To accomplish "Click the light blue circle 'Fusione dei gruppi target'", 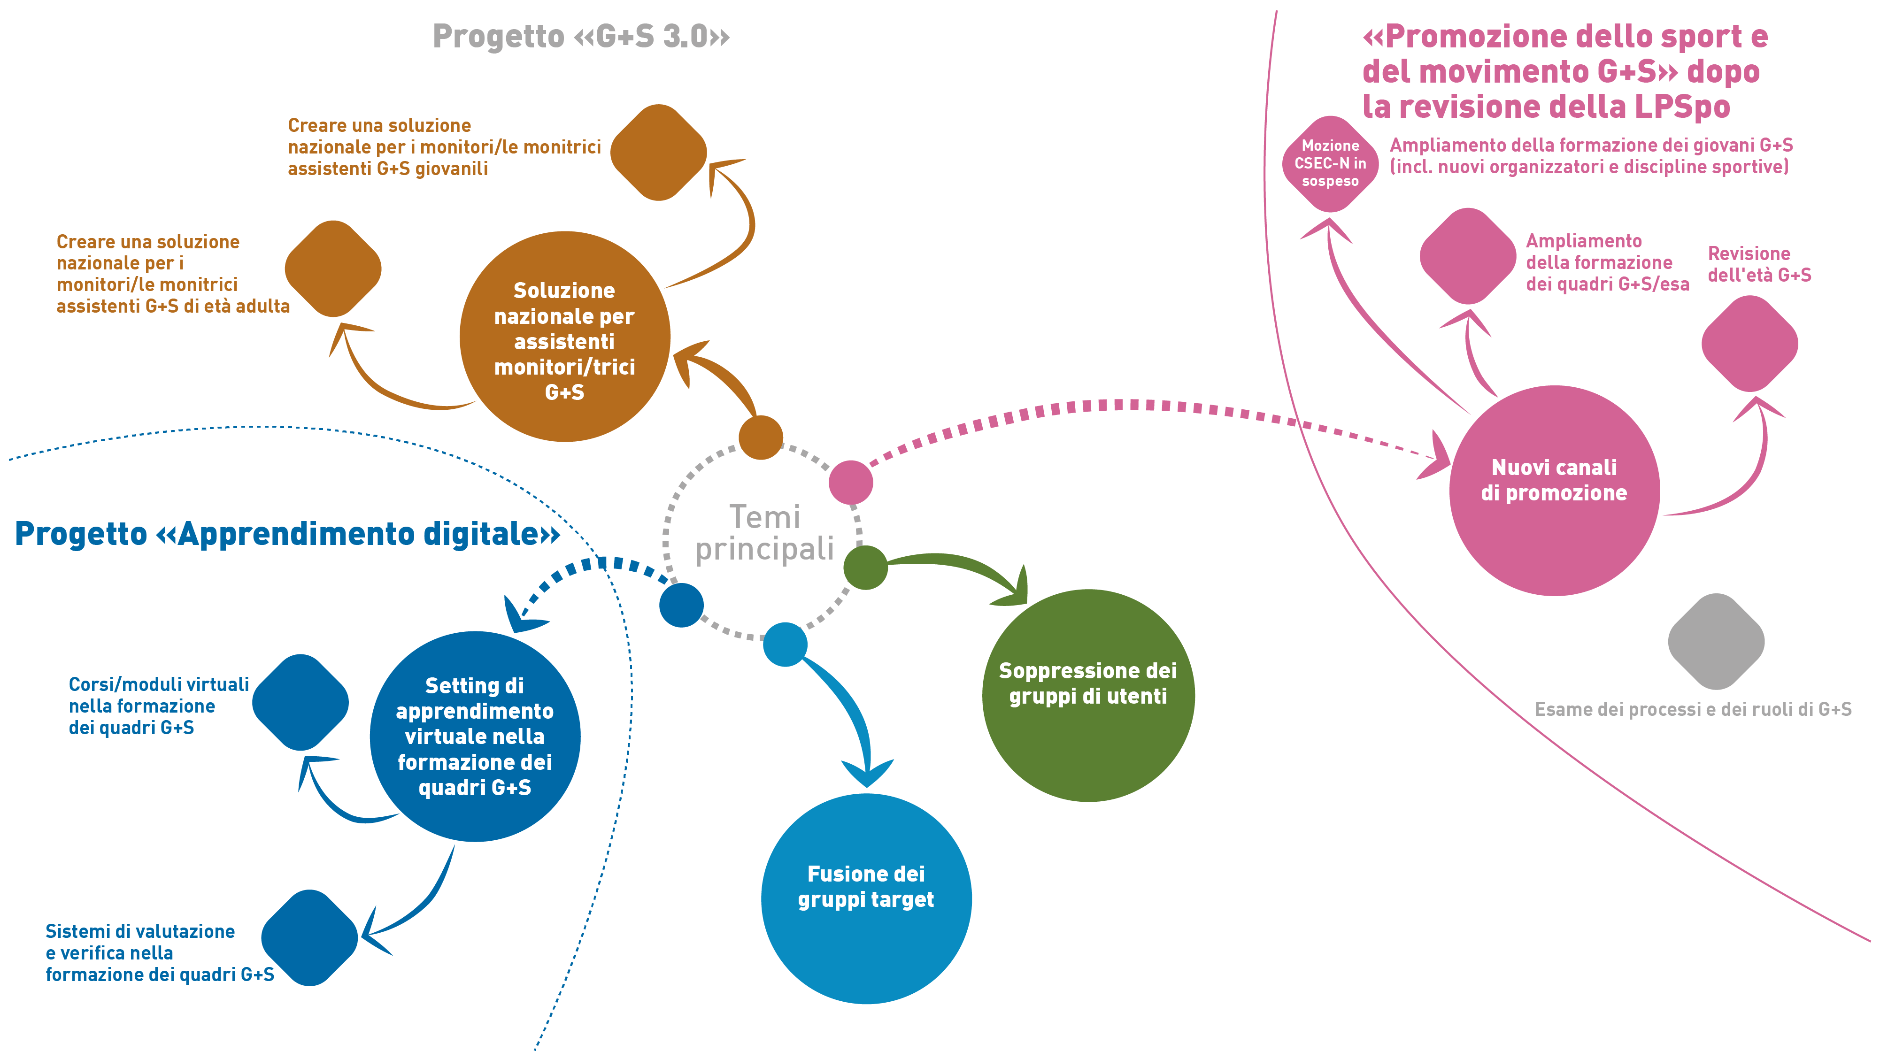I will point(866,898).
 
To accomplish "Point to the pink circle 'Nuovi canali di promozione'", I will point(1555,491).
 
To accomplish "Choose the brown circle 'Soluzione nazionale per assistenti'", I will point(565,337).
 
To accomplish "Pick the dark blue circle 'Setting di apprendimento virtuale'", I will point(475,737).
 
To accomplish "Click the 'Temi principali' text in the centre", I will point(765,533).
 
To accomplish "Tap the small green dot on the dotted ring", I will point(865,567).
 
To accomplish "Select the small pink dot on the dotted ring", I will point(851,483).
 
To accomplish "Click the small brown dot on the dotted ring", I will point(761,437).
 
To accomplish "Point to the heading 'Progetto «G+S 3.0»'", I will point(581,36).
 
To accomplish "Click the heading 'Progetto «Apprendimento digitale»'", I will point(287,534).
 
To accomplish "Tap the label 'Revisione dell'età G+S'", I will point(1759,264).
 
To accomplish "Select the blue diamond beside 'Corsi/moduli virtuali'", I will point(300,702).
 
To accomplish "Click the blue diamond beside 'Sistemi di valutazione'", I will point(309,938).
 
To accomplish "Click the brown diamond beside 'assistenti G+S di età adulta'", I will point(333,269).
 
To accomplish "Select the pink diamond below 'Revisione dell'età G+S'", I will point(1749,344).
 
